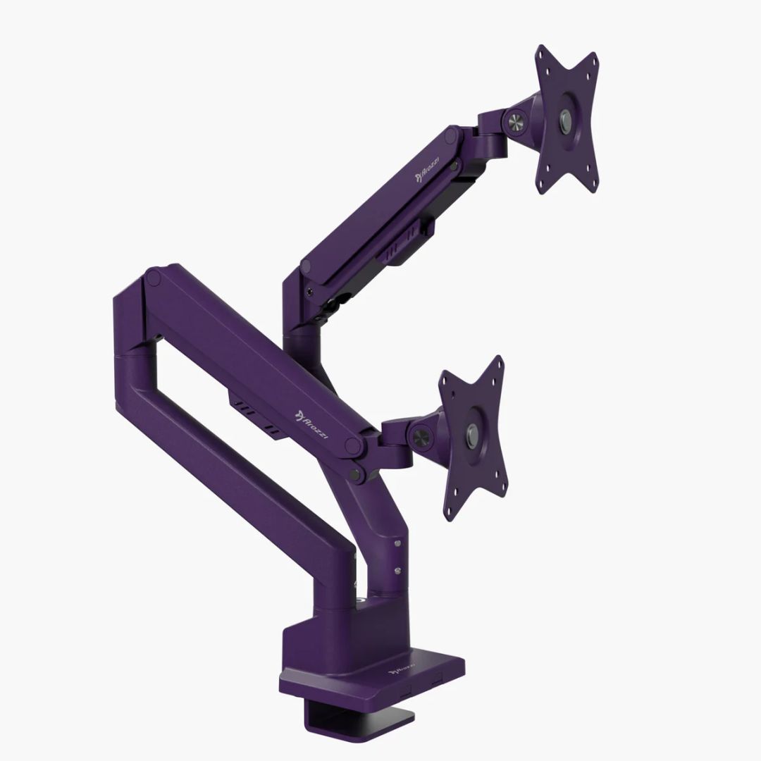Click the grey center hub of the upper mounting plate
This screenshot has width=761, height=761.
pos(565,118)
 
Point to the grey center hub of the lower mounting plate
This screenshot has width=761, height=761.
pos(471,434)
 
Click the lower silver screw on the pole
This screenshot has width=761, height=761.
pos(398,570)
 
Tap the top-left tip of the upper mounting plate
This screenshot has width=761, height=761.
pos(541,51)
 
